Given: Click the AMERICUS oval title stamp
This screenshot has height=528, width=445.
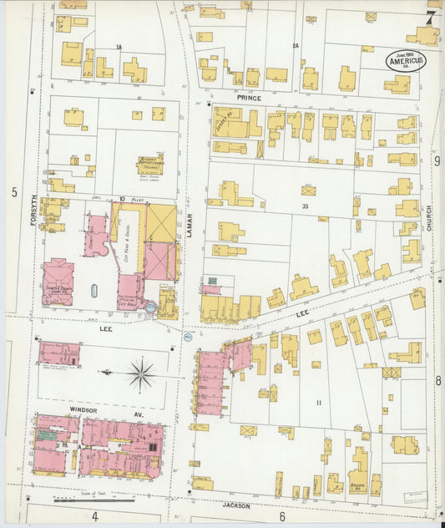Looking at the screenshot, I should click(x=404, y=60).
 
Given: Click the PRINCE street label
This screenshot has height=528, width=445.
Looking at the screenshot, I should click(x=248, y=98).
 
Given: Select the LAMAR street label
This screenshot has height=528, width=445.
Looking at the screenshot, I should click(x=190, y=226).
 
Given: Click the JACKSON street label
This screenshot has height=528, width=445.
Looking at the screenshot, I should click(x=237, y=505).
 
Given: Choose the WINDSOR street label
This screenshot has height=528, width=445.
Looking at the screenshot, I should click(x=83, y=411).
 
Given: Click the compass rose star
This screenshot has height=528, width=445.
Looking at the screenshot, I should click(x=141, y=373).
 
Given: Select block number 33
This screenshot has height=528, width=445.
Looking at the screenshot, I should click(x=306, y=206).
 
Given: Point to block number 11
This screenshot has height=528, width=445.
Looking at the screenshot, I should click(x=318, y=403).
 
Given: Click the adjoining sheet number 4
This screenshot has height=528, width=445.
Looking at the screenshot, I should click(x=95, y=517).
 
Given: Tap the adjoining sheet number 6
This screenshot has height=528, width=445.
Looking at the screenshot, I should click(x=282, y=517).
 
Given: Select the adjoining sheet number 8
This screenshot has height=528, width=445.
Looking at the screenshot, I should click(x=437, y=381).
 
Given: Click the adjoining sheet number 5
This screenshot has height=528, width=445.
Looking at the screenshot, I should click(x=14, y=193).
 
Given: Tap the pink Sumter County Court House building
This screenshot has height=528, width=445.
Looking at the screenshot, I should click(x=58, y=281).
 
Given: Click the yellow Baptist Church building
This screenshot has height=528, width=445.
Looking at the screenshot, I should click(x=150, y=165).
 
